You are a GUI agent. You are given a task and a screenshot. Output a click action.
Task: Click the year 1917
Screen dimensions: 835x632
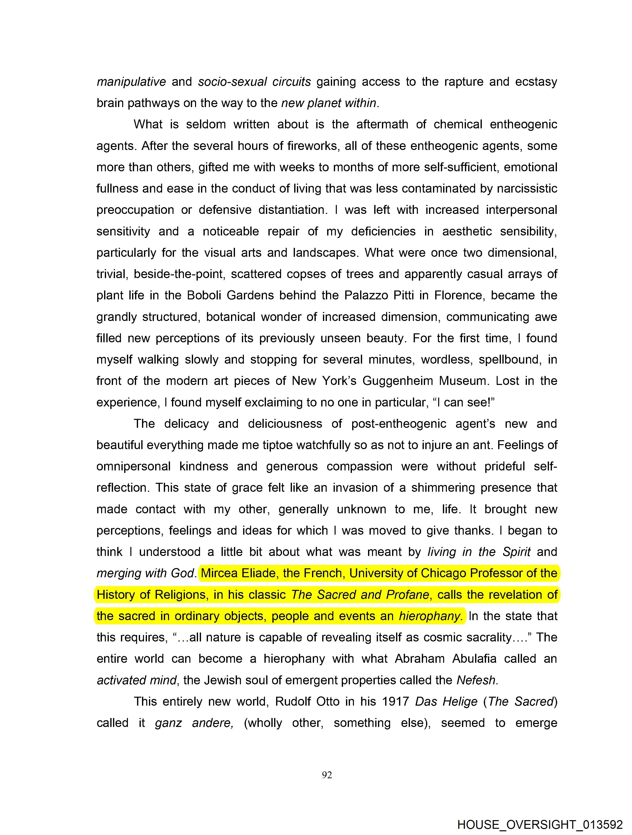(x=396, y=701)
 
